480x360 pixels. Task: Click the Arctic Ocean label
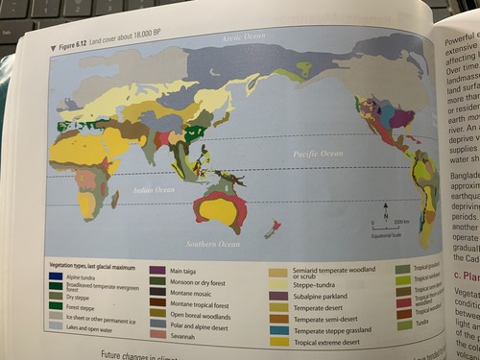point(243,37)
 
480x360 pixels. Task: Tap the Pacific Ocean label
point(318,153)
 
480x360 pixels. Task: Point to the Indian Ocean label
point(153,190)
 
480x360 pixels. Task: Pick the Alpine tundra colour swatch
point(58,277)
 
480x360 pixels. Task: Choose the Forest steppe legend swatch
point(58,306)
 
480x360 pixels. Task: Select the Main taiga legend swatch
point(157,272)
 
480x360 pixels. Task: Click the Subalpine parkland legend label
point(318,296)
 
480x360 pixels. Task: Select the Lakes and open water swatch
point(58,328)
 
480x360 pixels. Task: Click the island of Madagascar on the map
point(115,200)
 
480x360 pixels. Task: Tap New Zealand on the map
point(276,227)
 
